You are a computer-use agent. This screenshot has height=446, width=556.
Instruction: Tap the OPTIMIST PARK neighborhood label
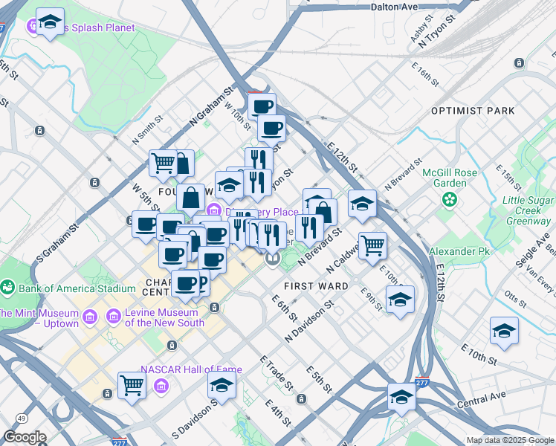pos(473,111)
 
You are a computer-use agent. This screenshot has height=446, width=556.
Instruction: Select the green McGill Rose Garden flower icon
pos(449,199)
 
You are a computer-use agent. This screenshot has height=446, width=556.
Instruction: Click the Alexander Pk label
pos(460,252)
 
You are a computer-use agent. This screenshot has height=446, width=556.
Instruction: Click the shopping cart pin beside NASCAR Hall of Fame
pos(132,385)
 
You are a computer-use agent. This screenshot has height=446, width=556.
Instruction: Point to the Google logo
pos(25,437)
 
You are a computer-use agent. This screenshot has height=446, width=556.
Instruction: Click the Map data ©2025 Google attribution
pos(510,440)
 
